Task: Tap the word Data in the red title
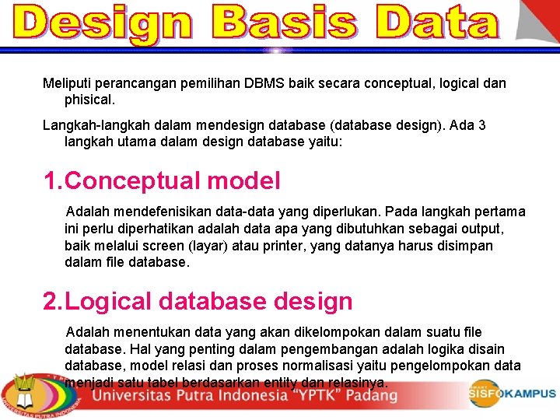(436, 23)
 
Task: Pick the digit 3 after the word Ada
(482, 125)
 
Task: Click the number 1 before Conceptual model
(51, 181)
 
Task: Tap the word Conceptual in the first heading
(133, 181)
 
